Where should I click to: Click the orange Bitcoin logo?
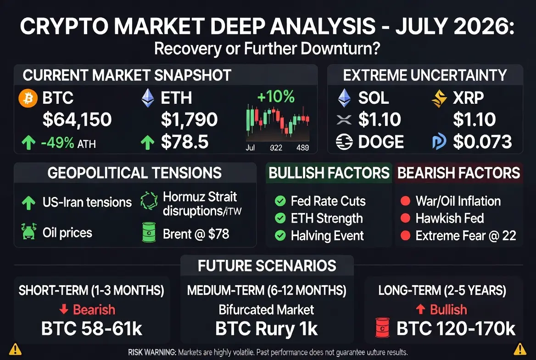coord(28,98)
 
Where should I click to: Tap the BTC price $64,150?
coord(77,119)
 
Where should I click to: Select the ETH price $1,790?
coord(189,119)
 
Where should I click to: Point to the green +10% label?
coord(275,96)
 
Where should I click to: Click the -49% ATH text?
coord(68,143)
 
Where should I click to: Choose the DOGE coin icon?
coord(344,142)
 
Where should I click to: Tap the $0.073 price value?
coord(482,142)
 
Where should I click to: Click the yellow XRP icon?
coord(439,99)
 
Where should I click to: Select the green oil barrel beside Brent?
coord(149,232)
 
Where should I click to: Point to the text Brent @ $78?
coord(196,234)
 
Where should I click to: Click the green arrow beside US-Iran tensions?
coord(28,202)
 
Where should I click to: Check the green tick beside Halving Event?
coord(280,236)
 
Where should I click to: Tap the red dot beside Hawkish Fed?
coord(405,218)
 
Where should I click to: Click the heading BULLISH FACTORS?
coord(329,173)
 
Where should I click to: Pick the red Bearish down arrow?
coord(64,309)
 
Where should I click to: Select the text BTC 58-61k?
coord(92,328)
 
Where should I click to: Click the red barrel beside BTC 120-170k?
coord(383,327)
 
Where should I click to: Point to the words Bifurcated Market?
coord(266,309)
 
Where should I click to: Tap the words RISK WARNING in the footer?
coord(152,352)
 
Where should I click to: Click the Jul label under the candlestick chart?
coord(250,147)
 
